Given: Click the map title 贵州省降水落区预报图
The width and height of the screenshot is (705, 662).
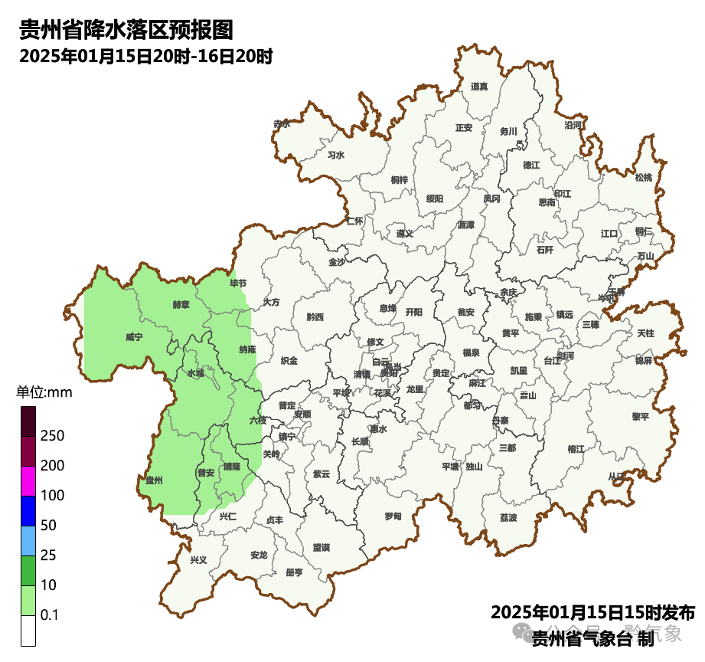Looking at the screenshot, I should click(126, 30).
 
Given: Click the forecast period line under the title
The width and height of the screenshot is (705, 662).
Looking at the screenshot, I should click(146, 56).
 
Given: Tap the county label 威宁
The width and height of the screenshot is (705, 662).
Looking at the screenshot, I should click(134, 336).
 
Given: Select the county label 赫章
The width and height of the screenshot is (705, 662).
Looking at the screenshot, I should click(181, 304).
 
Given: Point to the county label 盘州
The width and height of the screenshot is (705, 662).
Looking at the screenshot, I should click(155, 480).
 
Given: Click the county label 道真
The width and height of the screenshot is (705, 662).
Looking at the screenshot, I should click(480, 87).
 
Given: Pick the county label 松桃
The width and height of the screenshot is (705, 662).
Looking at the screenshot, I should click(644, 178).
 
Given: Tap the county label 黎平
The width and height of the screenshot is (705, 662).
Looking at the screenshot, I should click(640, 416).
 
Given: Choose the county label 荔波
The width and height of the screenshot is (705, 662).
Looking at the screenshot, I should click(508, 517).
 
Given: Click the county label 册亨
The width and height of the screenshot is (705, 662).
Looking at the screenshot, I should click(294, 572).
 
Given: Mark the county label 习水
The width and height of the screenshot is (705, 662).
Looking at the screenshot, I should click(336, 155).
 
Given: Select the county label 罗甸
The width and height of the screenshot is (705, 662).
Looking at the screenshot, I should click(393, 515).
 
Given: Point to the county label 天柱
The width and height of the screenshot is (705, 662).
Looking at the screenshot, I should click(645, 333).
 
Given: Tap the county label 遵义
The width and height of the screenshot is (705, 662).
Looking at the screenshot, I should click(404, 233).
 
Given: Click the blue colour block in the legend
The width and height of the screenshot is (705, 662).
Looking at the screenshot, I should click(28, 510).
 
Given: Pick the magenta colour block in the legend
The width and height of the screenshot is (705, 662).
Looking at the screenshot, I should click(28, 480).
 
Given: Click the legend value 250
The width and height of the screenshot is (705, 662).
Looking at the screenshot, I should click(52, 436).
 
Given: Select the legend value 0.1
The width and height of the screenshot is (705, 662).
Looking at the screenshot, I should click(50, 614).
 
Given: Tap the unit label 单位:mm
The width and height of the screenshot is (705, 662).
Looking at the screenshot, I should click(44, 393).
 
